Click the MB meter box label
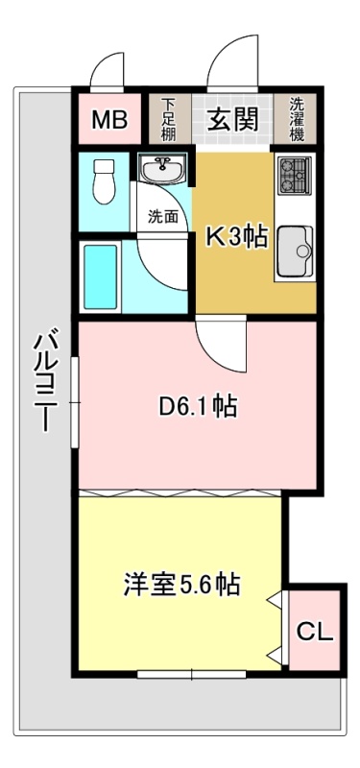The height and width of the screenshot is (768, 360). tap(109, 119)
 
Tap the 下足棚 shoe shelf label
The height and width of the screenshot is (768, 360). tap(169, 119)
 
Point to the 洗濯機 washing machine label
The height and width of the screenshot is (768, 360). tap(297, 119)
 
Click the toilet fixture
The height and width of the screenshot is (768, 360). tap(103, 180)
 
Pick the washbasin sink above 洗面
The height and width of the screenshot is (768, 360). tap(162, 169)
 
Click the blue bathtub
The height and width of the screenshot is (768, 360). tap(101, 276)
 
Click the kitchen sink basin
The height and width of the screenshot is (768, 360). tap(295, 252)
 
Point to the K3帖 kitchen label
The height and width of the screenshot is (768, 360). tap(237, 237)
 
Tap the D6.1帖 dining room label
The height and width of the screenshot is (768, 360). tap(199, 406)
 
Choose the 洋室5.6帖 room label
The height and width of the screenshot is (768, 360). tap(181, 584)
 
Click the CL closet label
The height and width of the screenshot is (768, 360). tap(316, 632)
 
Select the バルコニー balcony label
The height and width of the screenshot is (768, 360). tap(45, 381)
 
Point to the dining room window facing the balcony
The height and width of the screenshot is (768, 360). tap(75, 401)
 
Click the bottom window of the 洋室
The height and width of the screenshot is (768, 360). tap(191, 675)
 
